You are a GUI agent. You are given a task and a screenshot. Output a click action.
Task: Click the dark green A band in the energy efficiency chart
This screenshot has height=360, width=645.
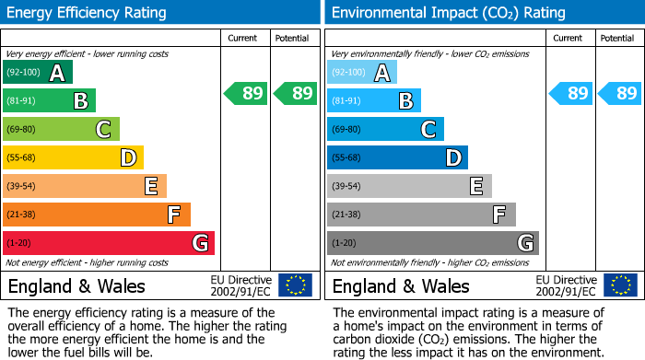pos(38,73)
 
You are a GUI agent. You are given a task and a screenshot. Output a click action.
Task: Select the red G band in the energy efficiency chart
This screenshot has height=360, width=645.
pos(109,243)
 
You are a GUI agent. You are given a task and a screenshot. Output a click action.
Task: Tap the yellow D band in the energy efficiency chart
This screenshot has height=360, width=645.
pos(73,157)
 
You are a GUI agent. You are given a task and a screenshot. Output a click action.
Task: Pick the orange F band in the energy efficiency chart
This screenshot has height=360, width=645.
pos(97,215)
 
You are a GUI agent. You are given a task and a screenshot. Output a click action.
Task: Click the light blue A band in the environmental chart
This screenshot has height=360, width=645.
pos(362,73)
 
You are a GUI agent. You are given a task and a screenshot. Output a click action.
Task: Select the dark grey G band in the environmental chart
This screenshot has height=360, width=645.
pos(433,243)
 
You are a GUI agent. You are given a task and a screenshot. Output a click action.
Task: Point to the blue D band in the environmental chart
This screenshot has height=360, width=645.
pos(397,157)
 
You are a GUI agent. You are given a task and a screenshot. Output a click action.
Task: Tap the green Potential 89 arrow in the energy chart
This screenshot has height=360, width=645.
pos(295,93)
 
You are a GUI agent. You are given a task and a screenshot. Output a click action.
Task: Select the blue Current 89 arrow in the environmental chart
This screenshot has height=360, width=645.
pos(570,93)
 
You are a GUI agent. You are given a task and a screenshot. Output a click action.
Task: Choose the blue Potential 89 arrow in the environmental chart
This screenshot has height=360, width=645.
pos(619,93)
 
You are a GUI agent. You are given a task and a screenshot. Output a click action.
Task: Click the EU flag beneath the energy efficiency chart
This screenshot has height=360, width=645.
pos(295,285)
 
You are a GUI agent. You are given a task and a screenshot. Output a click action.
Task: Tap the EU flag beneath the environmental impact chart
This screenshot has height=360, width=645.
pos(619,285)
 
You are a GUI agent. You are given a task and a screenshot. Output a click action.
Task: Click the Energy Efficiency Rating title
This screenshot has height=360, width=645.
pos(88,13)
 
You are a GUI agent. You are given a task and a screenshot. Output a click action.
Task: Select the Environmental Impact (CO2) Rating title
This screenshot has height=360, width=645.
pos(448,13)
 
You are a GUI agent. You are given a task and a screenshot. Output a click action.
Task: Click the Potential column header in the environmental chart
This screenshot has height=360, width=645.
pos(617,38)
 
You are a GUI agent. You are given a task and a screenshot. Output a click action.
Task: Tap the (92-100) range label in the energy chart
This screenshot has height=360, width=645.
pos(23,73)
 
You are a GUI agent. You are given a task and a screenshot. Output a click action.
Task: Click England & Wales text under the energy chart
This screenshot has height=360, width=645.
pos(76,286)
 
